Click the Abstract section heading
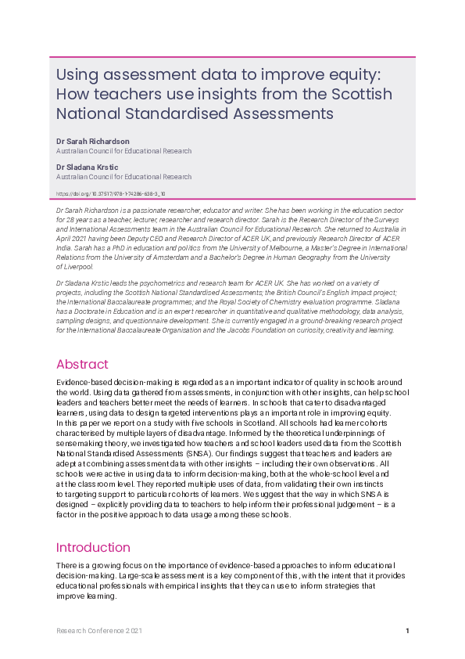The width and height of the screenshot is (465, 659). [82, 364]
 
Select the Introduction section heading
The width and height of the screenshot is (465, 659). [93, 547]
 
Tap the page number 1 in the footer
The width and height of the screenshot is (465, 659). [407, 631]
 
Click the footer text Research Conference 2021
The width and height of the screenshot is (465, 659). [99, 631]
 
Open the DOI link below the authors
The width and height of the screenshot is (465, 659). [110, 193]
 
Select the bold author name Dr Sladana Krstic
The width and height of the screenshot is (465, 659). [87, 167]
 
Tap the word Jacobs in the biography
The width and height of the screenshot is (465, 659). [244, 330]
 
